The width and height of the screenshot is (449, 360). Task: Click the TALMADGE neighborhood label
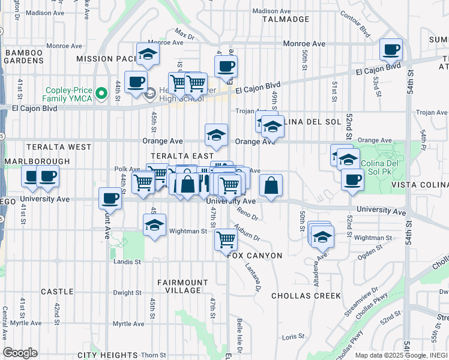(x=286, y=19)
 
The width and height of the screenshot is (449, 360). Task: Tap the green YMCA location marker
(x=102, y=93)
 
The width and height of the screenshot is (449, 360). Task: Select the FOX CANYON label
(x=255, y=256)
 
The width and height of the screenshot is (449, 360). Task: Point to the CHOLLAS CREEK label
(x=306, y=296)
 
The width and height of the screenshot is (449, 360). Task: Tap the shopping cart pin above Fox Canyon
(x=226, y=239)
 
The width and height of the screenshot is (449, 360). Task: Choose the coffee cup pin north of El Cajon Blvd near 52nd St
(x=391, y=50)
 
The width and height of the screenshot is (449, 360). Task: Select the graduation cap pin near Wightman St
(x=154, y=226)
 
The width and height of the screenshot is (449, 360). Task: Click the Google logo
(x=20, y=353)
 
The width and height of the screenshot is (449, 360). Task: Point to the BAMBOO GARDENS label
(x=24, y=58)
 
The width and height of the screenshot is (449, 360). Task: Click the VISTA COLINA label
(x=420, y=187)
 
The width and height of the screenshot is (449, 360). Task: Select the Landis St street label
(x=127, y=262)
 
